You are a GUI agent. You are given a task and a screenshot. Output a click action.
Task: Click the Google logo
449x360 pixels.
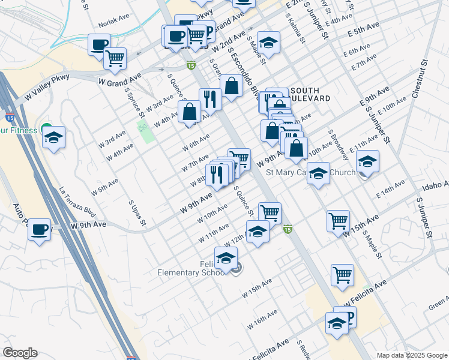pos(20,353)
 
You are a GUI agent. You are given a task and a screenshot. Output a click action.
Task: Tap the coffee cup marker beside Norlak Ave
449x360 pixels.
pos(99,44)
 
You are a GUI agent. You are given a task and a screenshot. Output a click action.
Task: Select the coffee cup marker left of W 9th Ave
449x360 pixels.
pos(40,229)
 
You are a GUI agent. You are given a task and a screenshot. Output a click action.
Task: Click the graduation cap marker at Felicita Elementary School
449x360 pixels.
pos(226,259)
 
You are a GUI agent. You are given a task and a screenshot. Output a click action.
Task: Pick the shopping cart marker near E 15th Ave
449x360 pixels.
pos(339,220)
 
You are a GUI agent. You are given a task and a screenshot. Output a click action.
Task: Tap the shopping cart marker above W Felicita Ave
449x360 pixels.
pos(342,275)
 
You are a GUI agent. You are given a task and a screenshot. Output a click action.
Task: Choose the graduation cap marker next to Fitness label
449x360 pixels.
pos(53,137)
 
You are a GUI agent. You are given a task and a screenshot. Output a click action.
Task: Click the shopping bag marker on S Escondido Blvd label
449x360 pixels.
pos(231,86)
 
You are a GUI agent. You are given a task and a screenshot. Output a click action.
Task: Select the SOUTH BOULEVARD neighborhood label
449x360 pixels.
pos(310,94)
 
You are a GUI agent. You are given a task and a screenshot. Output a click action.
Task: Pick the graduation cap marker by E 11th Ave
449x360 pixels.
pos(367,161)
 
